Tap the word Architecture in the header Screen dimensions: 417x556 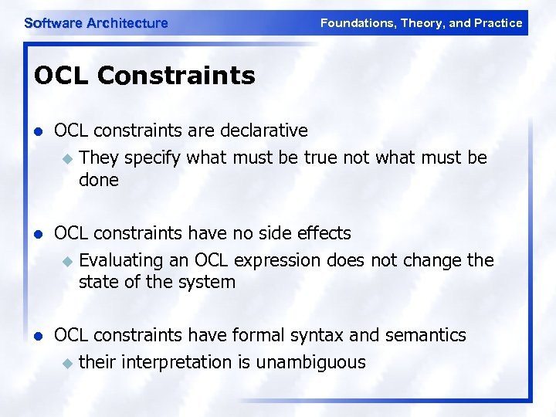[127, 23]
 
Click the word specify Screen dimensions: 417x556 [153, 158]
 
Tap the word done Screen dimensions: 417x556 [98, 181]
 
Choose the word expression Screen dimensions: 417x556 [276, 260]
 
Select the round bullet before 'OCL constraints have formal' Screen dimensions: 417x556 [39, 336]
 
